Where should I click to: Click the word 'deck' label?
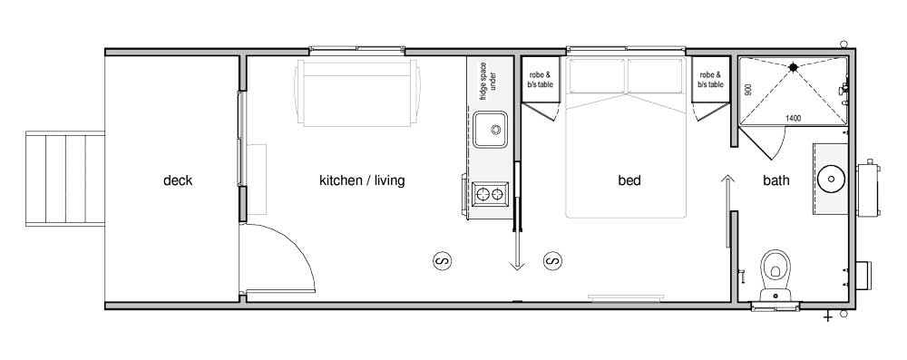coord(178,180)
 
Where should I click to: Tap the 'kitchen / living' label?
coord(362,180)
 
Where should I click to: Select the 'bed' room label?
coord(629,180)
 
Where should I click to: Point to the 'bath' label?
coord(776,180)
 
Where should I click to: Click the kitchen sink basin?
coord(490,129)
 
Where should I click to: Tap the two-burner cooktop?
coord(491,194)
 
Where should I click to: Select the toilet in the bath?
coord(775,275)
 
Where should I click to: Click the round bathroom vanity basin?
coord(831,179)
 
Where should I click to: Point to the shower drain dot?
coord(793,67)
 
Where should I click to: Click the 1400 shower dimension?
coord(793,119)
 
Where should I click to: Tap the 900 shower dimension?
coord(748,90)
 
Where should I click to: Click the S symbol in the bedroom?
coord(552,261)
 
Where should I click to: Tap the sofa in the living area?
coord(357,92)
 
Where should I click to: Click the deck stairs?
coord(65,179)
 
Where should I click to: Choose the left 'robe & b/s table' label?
coord(541,80)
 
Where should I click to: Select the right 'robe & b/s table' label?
coord(710,80)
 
